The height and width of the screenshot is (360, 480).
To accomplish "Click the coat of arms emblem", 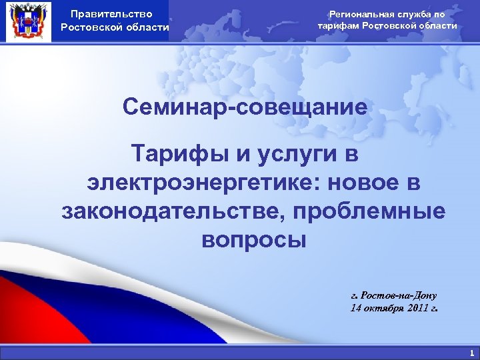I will [x=27, y=21].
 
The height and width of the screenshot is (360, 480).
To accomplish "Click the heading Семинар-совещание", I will [x=245, y=106].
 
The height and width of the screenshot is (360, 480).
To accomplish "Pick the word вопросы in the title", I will [x=254, y=239].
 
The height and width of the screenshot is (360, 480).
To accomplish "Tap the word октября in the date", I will [x=382, y=308].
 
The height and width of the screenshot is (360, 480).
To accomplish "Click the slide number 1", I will [x=471, y=353].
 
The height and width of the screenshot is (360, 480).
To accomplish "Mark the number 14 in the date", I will [x=356, y=308].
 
